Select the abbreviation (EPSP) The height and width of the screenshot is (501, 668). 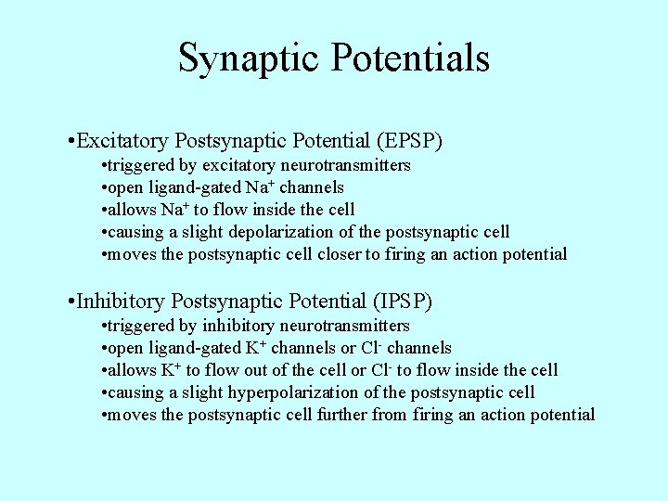409,141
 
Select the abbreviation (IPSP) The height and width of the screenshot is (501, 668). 401,302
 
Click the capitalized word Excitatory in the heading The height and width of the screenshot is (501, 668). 122,141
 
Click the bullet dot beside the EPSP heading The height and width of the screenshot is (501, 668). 71,142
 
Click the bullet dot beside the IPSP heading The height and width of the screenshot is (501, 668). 71,302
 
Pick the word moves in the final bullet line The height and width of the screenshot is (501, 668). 132,415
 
